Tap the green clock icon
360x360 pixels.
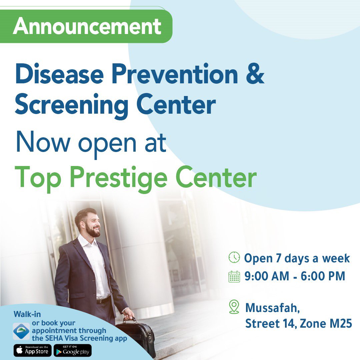(x=234, y=257)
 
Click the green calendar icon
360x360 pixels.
(x=234, y=276)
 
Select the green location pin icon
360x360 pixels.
(x=234, y=306)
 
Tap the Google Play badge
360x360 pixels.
(x=73, y=351)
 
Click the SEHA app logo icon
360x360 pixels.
(x=21, y=331)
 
